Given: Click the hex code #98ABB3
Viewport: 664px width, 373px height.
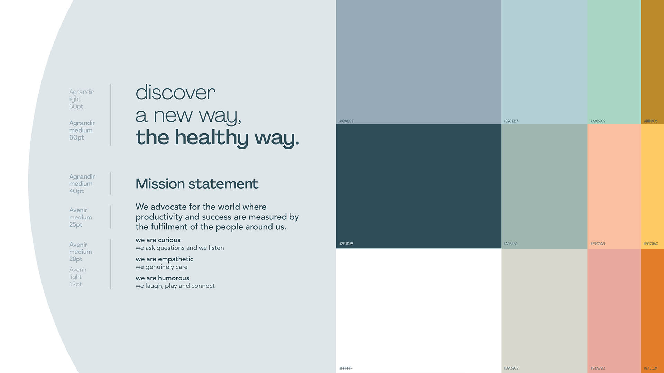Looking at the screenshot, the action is (346, 121).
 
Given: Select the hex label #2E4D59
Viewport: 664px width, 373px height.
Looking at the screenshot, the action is (346, 244).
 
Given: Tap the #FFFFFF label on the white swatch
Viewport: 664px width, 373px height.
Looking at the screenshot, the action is (346, 369).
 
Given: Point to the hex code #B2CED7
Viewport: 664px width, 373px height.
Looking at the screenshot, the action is (511, 121).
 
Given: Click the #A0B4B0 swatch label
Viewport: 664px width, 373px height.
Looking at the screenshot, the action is (510, 244).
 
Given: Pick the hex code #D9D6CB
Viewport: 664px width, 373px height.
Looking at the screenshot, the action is (511, 369).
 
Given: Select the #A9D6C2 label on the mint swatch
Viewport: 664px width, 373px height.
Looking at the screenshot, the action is (598, 121).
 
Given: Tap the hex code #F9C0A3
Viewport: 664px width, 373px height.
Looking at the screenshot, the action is (598, 244).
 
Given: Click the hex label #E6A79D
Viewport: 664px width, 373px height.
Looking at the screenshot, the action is (598, 369).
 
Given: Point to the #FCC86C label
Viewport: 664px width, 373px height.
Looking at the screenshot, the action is (651, 244).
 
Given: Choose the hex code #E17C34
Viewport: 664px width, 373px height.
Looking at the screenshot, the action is (651, 369).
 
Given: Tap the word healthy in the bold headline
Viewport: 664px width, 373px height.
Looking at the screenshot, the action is (211, 138).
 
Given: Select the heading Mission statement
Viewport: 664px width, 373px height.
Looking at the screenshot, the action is (197, 184).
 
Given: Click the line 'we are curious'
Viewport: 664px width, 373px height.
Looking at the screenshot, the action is (158, 240).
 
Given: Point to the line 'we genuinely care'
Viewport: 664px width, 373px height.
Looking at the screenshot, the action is (162, 267).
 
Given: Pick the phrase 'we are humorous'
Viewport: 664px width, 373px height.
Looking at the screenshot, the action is (162, 278).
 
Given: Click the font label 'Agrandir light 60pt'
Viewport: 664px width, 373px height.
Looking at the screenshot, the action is (81, 99).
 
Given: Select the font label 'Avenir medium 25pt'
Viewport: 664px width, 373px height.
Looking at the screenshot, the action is (80, 217).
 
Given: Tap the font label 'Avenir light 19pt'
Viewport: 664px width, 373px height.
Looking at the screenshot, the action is (78, 277).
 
